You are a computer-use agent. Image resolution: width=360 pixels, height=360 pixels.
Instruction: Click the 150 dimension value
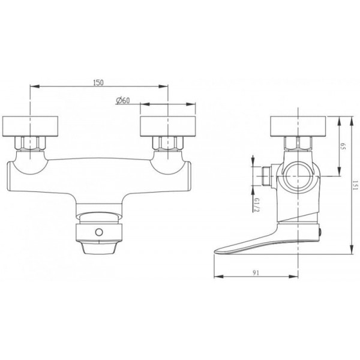click(x=98, y=82)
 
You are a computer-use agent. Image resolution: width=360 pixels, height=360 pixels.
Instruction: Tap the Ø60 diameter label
click(x=123, y=101)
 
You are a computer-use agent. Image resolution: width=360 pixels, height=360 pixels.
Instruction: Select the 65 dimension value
click(x=343, y=146)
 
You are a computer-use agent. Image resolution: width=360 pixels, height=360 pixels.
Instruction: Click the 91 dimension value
click(x=256, y=273)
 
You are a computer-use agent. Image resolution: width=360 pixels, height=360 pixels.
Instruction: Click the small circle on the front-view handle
click(x=99, y=232)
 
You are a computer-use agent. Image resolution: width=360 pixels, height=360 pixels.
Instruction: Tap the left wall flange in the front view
click(x=30, y=127)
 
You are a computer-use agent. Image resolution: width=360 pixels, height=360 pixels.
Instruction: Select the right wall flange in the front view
click(x=168, y=127)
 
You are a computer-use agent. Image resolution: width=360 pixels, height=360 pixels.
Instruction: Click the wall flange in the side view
click(x=298, y=127)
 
